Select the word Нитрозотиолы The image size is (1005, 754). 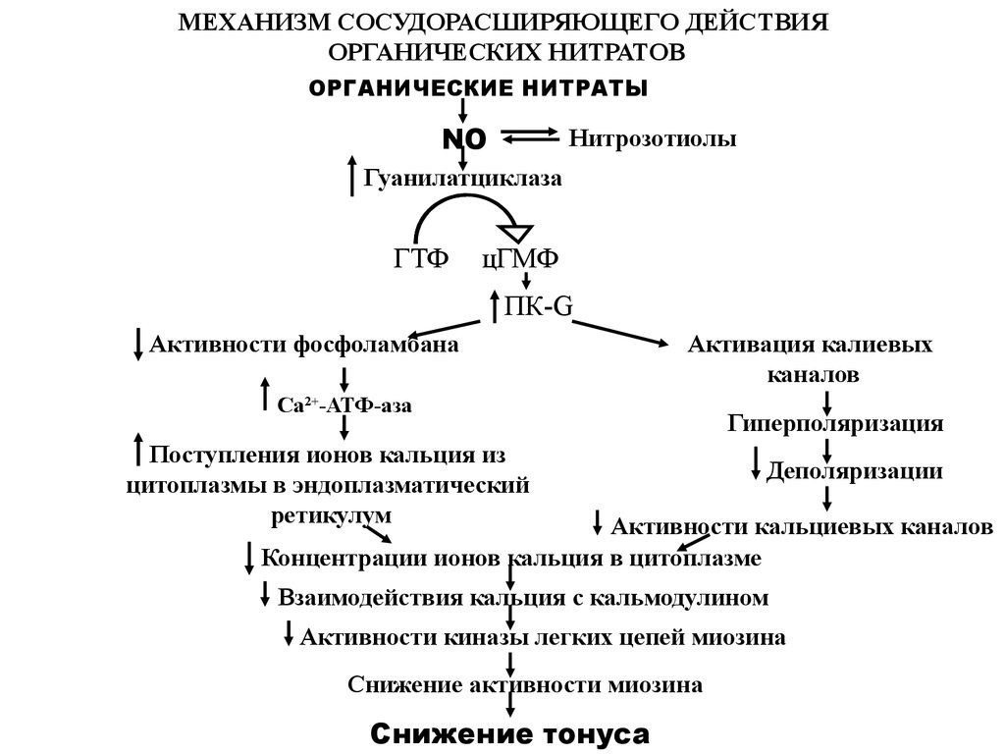point(652,139)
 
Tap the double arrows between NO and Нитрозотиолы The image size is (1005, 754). point(530,138)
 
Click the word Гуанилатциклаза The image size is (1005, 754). point(464,179)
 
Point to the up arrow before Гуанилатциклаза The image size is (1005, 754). point(352,176)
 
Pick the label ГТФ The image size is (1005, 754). point(421,258)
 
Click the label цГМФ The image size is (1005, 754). point(520,258)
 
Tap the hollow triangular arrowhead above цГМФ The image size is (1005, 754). point(513,233)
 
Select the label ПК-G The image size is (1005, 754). point(538,306)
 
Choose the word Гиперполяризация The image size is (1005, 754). point(835,423)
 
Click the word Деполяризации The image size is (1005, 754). point(855,470)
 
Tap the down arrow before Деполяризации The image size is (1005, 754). point(756,463)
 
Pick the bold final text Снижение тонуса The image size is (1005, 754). point(510,733)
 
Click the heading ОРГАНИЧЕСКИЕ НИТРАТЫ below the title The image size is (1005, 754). point(479,88)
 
